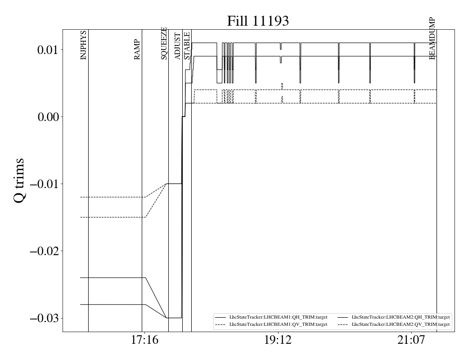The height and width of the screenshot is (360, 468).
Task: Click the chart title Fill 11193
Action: [x=258, y=21]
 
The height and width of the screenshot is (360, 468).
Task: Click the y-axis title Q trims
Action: [x=19, y=180]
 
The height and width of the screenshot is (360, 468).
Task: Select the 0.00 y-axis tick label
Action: [x=48, y=117]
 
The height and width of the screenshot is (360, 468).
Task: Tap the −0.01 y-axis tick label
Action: [x=45, y=184]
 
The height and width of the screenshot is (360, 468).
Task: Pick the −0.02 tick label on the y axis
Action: [x=45, y=251]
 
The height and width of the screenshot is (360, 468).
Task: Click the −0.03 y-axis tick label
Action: [x=45, y=318]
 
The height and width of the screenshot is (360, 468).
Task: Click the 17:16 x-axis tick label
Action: [x=145, y=340]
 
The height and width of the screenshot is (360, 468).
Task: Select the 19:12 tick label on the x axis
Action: [x=278, y=340]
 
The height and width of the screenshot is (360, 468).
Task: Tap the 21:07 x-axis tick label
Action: [x=411, y=340]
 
